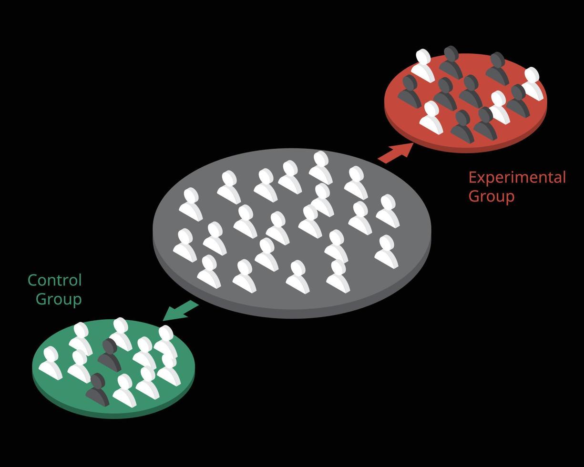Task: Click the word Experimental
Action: click(517, 178)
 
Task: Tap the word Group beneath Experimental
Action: click(491, 196)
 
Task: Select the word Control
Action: click(55, 280)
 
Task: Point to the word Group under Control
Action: click(59, 299)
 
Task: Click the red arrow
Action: click(395, 153)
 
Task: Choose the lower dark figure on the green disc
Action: click(98, 390)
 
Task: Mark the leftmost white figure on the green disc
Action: click(51, 364)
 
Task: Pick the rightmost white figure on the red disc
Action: click(532, 83)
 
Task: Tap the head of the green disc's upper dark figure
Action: click(110, 346)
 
